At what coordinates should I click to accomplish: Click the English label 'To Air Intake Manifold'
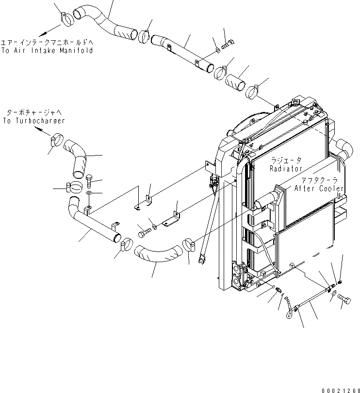click(47, 50)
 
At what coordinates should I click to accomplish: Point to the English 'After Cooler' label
click(318, 189)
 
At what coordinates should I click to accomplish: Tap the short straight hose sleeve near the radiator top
click(237, 80)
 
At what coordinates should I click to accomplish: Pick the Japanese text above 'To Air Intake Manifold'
click(47, 42)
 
